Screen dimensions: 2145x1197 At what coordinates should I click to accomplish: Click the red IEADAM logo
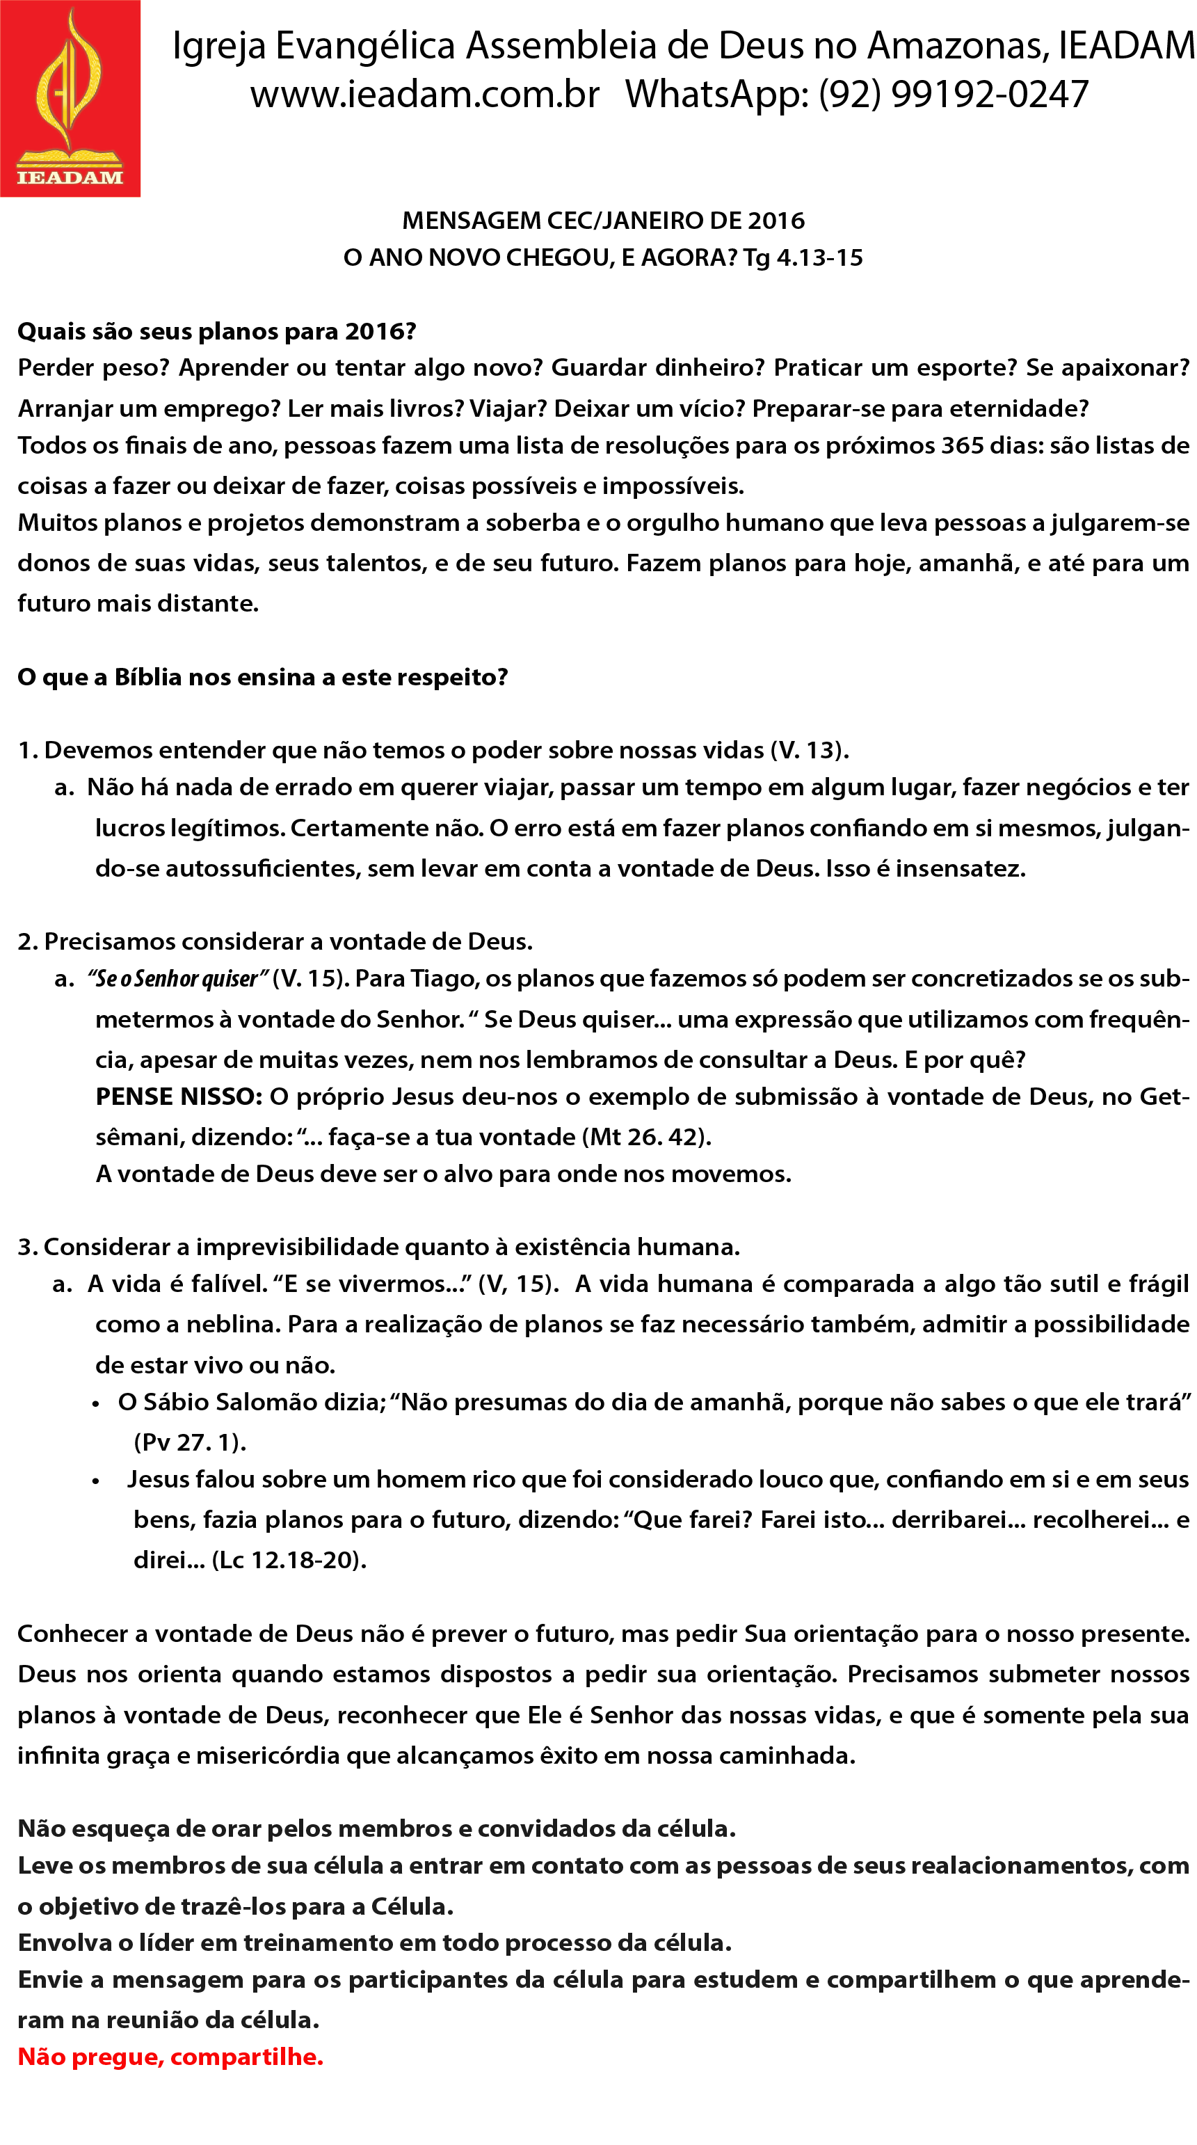click(x=70, y=98)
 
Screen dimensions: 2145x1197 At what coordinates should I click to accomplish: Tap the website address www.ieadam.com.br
click(x=424, y=95)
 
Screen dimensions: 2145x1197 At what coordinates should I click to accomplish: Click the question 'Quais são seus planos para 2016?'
click(x=216, y=331)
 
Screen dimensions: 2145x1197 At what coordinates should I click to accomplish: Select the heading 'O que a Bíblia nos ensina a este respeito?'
click(x=262, y=677)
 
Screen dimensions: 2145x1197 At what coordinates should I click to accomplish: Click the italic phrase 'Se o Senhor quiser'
click(x=177, y=978)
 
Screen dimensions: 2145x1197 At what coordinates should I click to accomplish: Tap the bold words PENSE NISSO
click(x=178, y=1097)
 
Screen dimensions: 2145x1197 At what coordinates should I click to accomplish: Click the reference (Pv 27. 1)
click(x=190, y=1442)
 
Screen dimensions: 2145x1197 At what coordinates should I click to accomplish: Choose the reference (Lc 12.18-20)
click(x=289, y=1560)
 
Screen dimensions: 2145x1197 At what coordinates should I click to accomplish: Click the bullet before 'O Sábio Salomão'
click(x=97, y=1404)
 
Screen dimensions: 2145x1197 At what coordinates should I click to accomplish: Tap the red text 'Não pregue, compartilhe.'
click(x=170, y=2057)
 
